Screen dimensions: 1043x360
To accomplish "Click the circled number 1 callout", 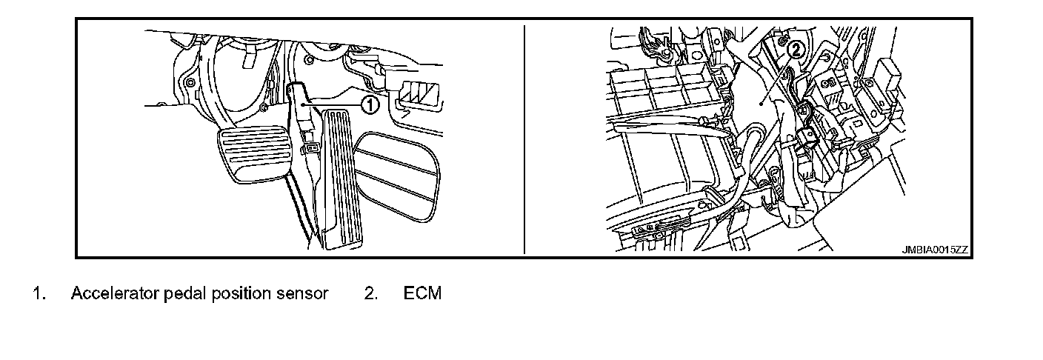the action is click(370, 105).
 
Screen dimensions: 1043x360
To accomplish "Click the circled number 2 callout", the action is click(794, 50).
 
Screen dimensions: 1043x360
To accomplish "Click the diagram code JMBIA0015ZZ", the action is click(934, 250).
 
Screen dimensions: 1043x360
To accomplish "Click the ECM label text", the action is click(422, 293).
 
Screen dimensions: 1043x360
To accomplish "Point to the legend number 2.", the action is click(371, 293).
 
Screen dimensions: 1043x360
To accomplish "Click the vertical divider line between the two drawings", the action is click(524, 141).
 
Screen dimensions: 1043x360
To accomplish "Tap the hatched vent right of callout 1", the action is click(422, 94).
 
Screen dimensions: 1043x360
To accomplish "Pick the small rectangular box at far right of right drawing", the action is click(887, 75).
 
